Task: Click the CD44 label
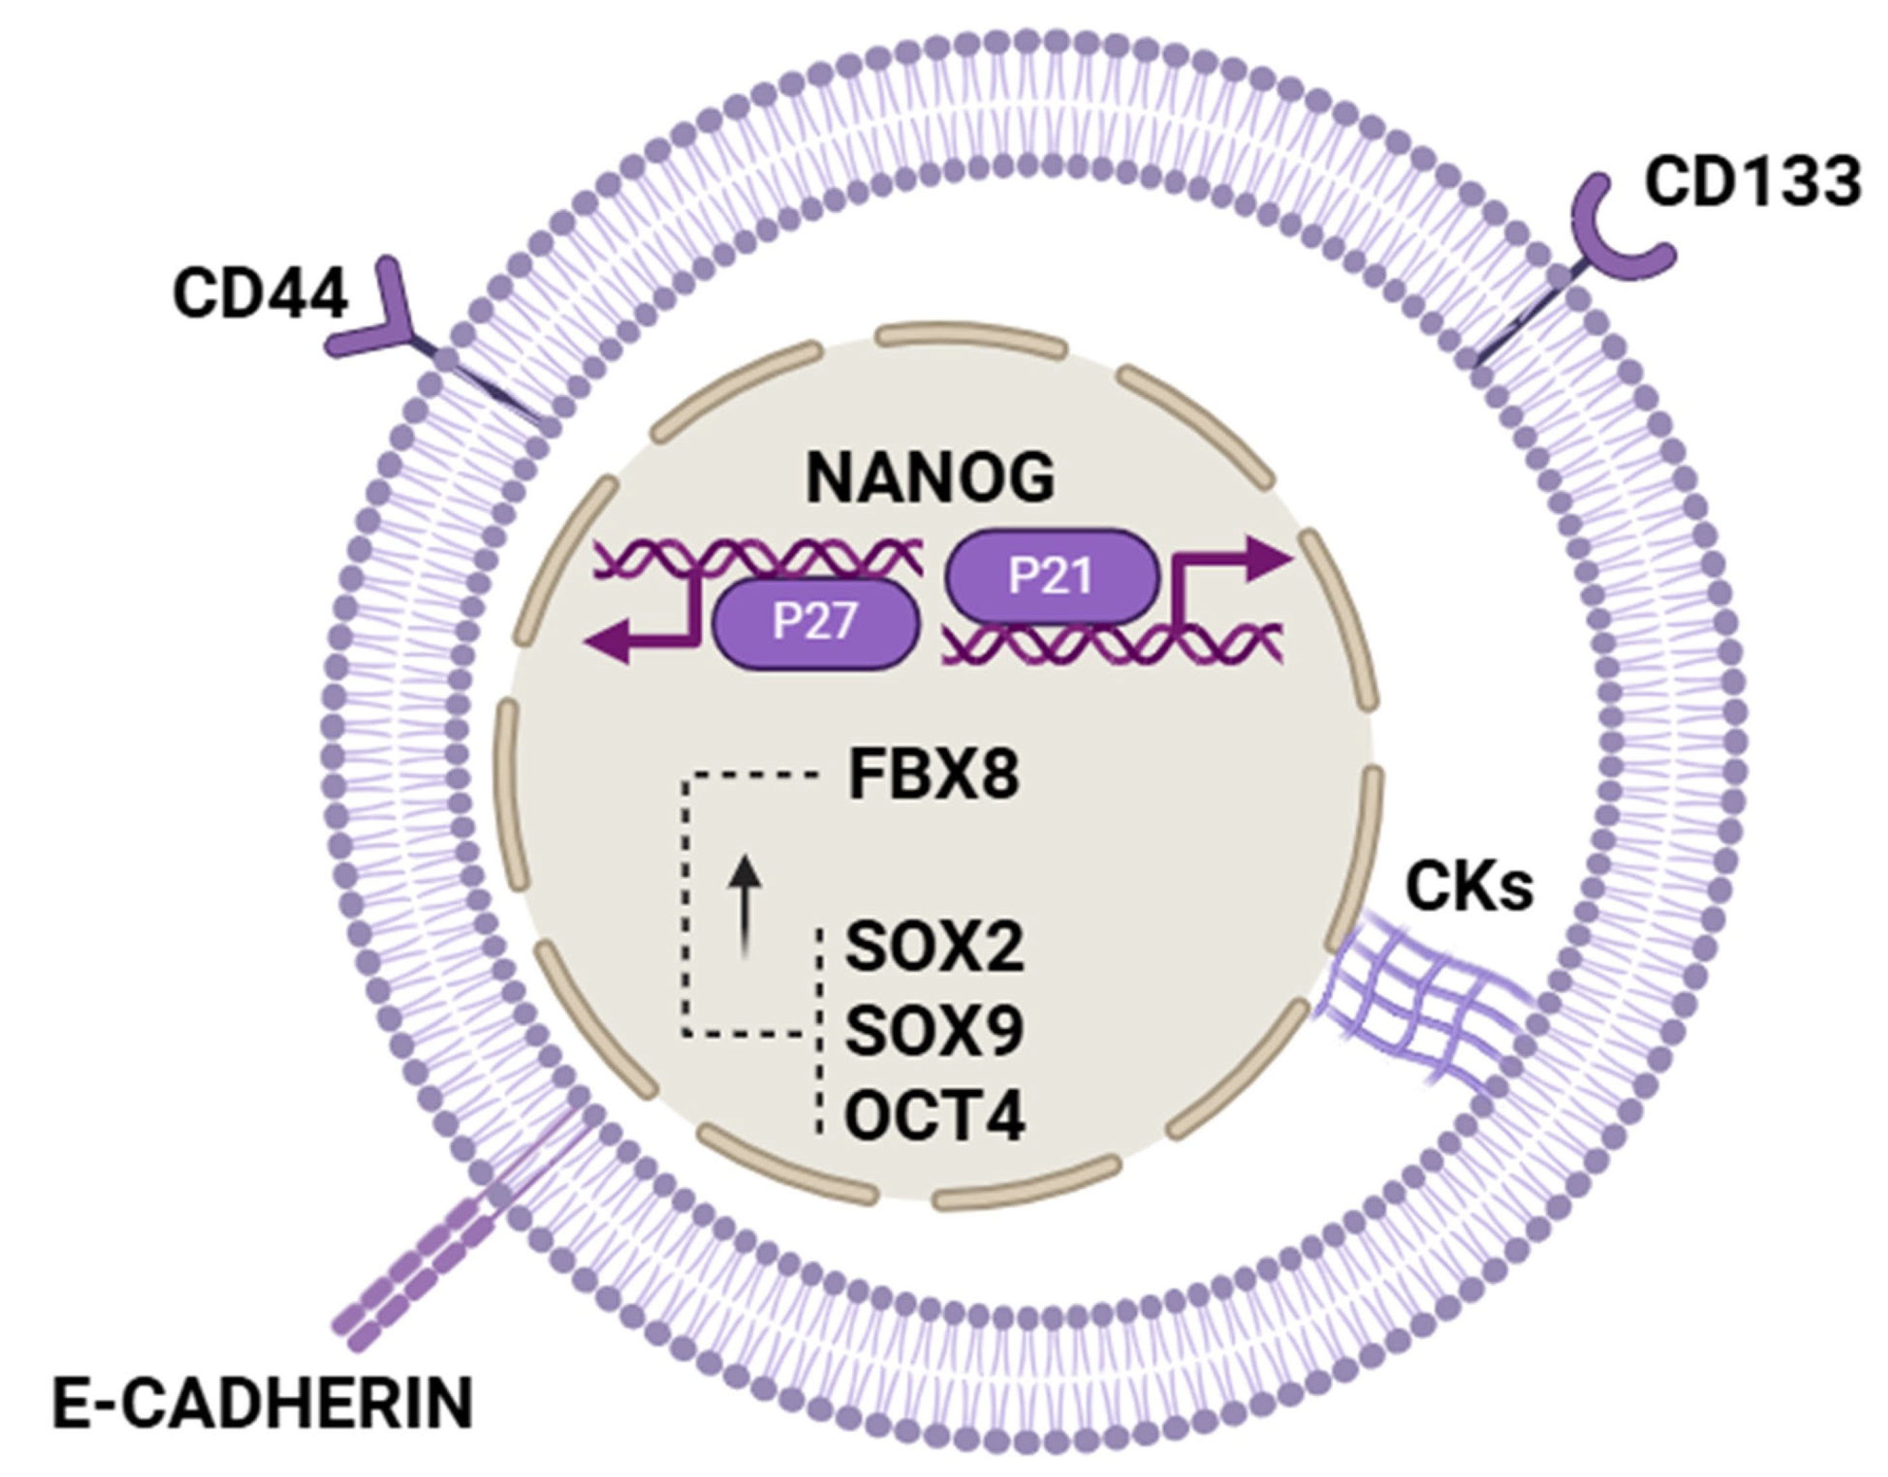260,294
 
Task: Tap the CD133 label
1751,183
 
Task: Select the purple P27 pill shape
815,621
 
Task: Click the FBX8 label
933,776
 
